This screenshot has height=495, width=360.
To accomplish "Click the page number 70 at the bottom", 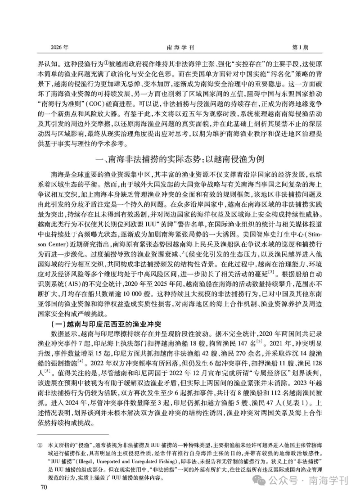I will point(44,485).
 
